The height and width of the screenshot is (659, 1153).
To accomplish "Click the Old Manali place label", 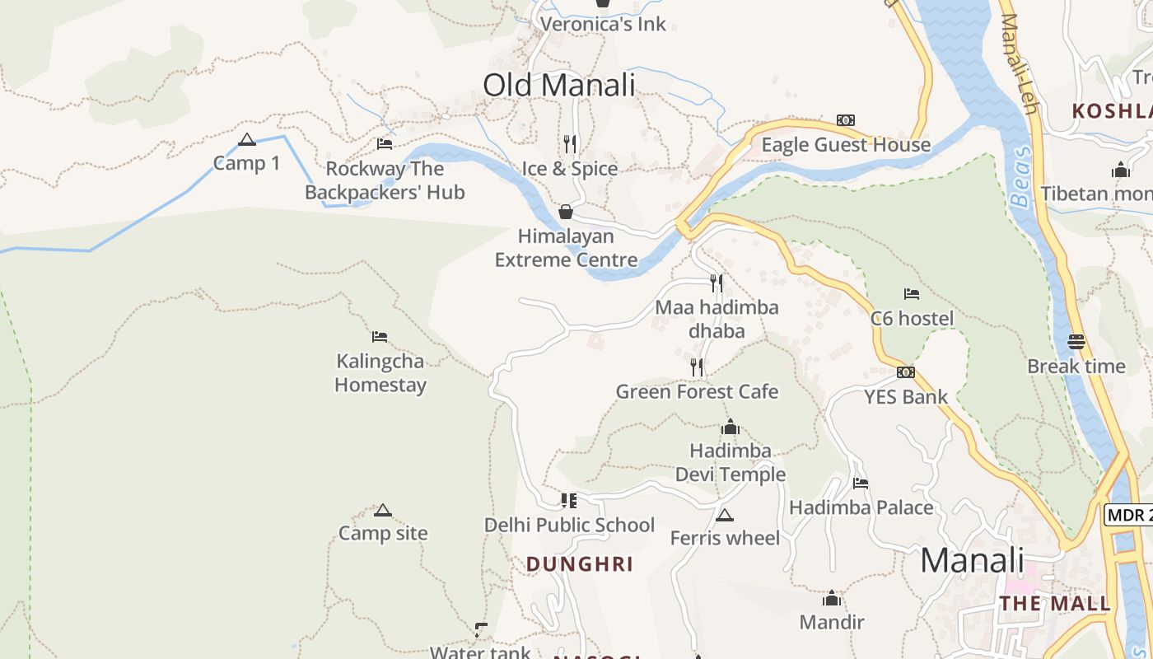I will (x=558, y=86).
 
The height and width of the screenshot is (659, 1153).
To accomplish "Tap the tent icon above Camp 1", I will (x=246, y=139).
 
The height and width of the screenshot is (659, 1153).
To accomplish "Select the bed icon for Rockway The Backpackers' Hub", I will (x=385, y=144).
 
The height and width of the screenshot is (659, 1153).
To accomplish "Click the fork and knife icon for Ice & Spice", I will (x=570, y=144).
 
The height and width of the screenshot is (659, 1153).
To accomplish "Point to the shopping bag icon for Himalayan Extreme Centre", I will (x=566, y=212).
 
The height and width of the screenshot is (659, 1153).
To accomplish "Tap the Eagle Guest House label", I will (x=846, y=145).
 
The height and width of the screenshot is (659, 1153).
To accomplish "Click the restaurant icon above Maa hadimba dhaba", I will (x=717, y=283).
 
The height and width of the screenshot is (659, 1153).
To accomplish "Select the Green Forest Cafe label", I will (x=697, y=391).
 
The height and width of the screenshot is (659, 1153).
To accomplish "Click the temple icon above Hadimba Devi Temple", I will (x=730, y=427).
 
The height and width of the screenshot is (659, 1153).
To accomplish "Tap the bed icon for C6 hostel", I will (x=912, y=294).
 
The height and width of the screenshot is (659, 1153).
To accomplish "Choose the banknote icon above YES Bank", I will (x=906, y=372).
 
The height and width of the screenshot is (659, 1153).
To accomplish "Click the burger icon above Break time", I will (x=1076, y=341).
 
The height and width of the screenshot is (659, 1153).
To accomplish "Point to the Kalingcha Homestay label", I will (x=380, y=373).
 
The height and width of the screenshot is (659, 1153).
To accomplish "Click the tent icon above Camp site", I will (x=382, y=510).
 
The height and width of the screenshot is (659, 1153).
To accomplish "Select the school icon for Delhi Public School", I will (x=569, y=500).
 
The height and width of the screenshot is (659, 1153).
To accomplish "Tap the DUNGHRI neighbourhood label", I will (x=580, y=564).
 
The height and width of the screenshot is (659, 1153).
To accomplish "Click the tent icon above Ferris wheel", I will (x=724, y=515).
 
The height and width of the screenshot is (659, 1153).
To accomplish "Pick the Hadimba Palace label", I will (x=861, y=507).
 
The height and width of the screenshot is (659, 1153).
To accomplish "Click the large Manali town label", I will (x=972, y=561).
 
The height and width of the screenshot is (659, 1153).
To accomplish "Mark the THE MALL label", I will (x=1055, y=604).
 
